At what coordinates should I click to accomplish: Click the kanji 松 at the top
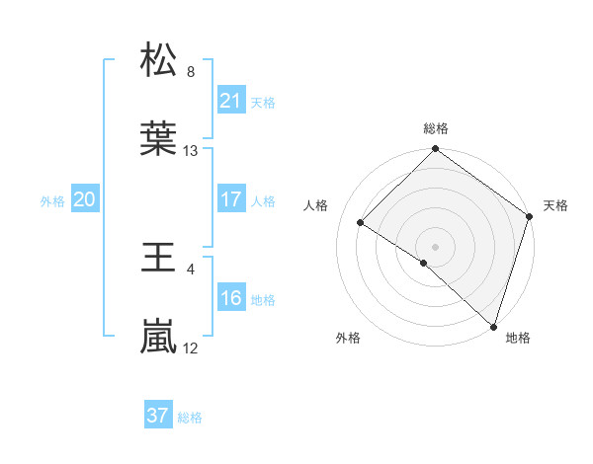[159, 61]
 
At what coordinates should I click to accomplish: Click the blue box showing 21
[230, 101]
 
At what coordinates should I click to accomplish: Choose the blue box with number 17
[230, 199]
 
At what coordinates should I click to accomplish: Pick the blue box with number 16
[230, 298]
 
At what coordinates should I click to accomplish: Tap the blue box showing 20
[84, 199]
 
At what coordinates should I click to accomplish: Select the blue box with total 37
[157, 416]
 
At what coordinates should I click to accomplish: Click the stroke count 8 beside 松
[190, 71]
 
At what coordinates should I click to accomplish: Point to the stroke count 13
[191, 151]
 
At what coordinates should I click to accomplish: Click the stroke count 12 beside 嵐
[191, 348]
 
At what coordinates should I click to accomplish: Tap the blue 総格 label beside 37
[190, 417]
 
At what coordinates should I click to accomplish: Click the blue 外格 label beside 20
[52, 200]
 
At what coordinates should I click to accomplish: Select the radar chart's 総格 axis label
[435, 128]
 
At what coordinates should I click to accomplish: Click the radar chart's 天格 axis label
[555, 205]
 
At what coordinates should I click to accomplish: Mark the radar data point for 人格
[361, 223]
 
